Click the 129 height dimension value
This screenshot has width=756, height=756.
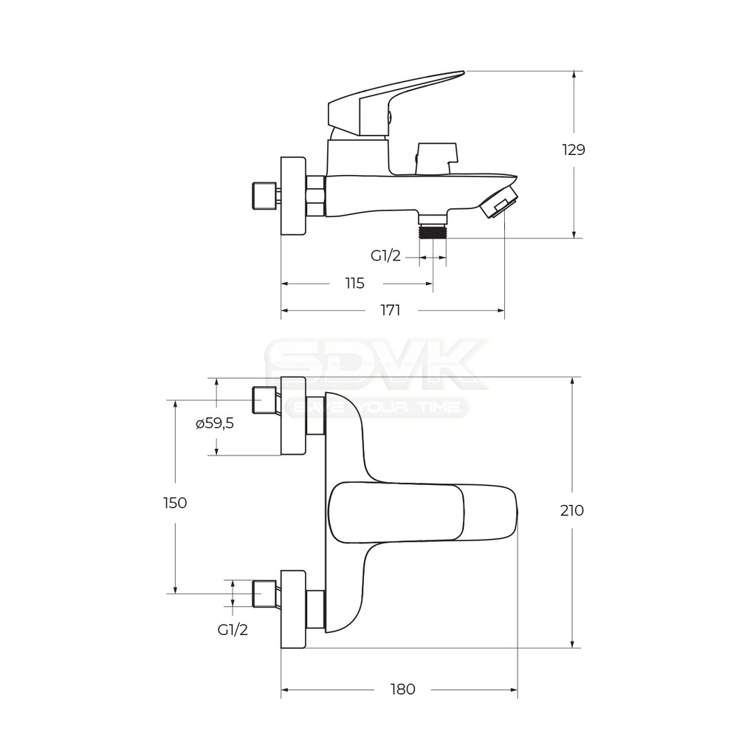coord(574,150)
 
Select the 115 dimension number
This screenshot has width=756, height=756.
coord(354,283)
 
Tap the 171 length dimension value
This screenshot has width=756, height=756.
coord(391,310)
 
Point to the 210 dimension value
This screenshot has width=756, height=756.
coord(572,510)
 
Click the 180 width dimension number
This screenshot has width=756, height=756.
coord(402,690)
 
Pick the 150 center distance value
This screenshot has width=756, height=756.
coord(175,503)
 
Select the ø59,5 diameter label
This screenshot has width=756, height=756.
coord(215,424)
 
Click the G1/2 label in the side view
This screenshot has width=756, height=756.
coord(385,255)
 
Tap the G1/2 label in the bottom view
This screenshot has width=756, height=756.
coord(233,630)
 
